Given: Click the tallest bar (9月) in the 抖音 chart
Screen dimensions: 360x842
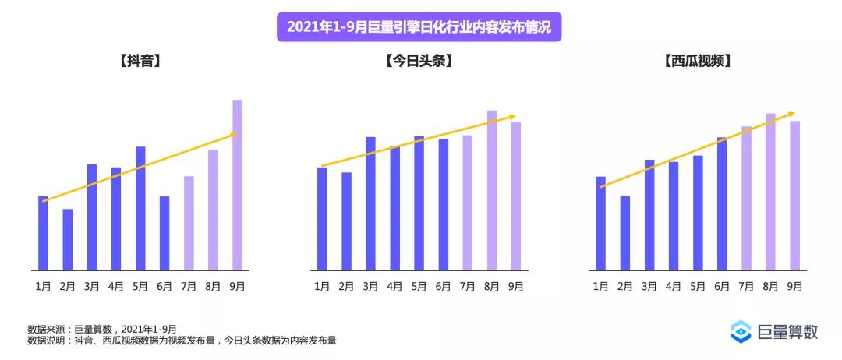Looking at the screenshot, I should pos(237,185).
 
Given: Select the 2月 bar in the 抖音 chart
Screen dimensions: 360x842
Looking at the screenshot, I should pos(68,239).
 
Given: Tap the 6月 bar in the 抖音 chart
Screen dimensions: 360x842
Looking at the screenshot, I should pos(165,233).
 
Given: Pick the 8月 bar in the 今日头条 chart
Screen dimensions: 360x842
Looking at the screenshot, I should pos(492,190).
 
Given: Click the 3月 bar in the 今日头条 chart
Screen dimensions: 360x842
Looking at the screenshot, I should pos(370,203).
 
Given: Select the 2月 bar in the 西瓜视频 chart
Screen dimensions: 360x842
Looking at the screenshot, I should pos(624,232).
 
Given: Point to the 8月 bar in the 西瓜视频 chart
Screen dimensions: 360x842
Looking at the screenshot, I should pos(770,192).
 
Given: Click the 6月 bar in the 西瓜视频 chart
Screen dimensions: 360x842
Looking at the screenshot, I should pos(722,203).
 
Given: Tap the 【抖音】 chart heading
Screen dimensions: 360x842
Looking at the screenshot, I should pos(140,60).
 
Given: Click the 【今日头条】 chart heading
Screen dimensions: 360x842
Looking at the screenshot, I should pos(419,60).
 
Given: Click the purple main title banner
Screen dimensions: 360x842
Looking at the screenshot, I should pos(419,26).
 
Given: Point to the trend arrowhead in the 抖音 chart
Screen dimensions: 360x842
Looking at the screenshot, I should pos(233,135).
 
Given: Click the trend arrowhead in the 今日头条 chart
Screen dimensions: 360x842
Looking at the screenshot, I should pos(512,117).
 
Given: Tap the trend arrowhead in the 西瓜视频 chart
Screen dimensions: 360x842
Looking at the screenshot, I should pos(791,114).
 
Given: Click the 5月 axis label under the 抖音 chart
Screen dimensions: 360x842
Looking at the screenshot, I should pos(140,287).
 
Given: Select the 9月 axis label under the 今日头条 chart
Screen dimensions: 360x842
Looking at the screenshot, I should pos(515,287).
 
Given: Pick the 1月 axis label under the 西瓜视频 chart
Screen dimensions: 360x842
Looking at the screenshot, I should pos(600,287).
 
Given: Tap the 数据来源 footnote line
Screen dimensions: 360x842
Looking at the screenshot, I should pos(101,329).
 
